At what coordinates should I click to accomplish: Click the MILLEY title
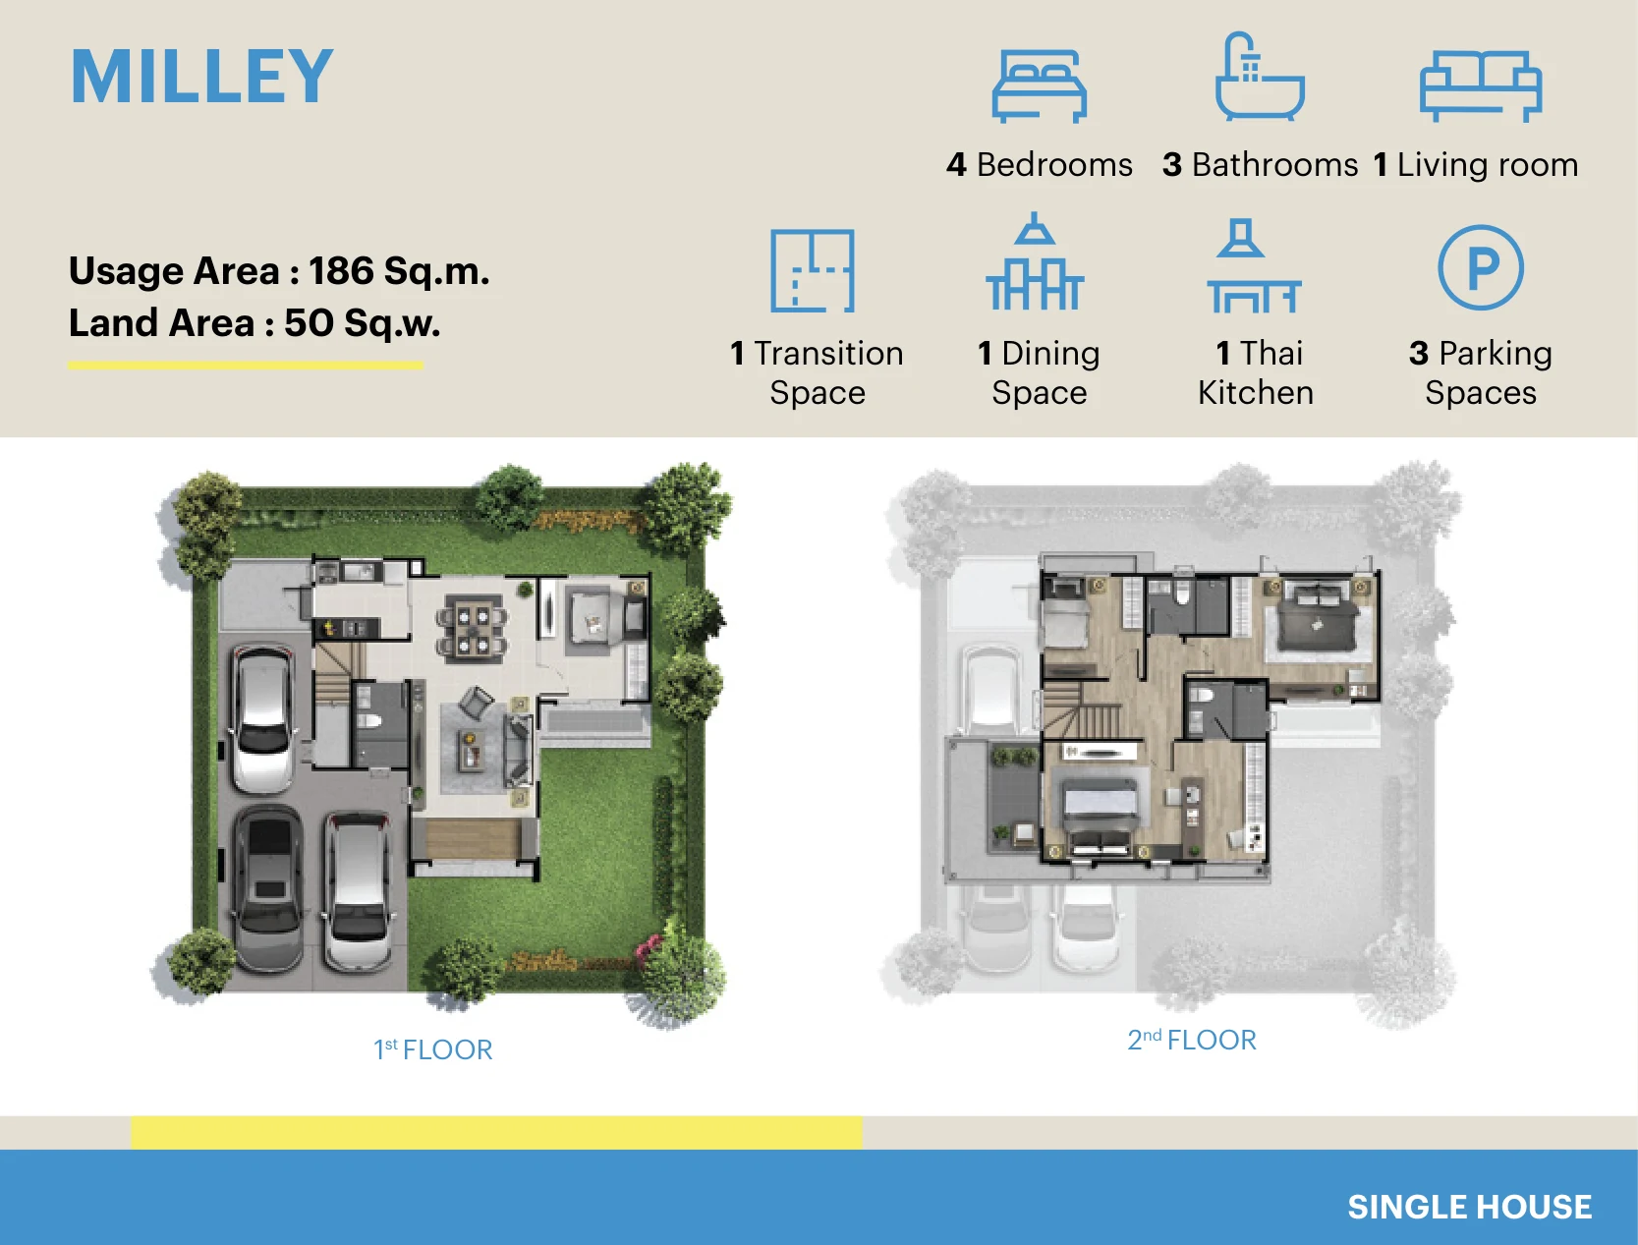(x=201, y=76)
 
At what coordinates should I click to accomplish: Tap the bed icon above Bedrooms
(x=1039, y=85)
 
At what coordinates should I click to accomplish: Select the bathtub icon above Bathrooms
(x=1260, y=76)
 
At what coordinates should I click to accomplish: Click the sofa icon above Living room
(x=1481, y=85)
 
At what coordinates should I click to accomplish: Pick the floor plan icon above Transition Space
(x=812, y=270)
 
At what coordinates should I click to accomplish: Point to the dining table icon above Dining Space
(x=1035, y=261)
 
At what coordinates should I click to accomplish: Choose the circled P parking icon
(x=1481, y=267)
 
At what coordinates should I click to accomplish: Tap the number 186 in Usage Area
(x=341, y=270)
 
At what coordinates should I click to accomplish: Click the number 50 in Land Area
(x=309, y=323)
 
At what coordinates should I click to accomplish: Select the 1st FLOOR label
(x=432, y=1049)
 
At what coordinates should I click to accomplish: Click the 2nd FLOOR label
(x=1192, y=1039)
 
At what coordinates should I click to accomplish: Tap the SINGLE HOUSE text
(x=1469, y=1207)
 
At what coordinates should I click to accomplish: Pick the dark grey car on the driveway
(x=268, y=890)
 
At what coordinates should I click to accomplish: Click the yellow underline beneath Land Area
(x=246, y=365)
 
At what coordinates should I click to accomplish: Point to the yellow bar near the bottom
(x=496, y=1132)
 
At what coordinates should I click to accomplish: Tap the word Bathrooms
(x=1274, y=165)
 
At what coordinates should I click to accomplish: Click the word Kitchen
(x=1255, y=392)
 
